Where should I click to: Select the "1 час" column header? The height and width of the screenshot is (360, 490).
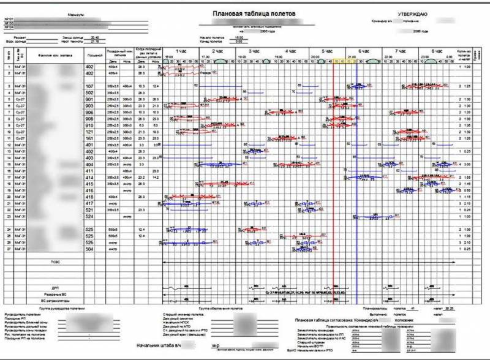tap(180, 51)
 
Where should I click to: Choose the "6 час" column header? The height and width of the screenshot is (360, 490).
tap(364, 51)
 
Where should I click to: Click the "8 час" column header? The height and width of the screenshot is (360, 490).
tap(437, 51)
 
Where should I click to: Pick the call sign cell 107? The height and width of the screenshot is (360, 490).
tap(89, 86)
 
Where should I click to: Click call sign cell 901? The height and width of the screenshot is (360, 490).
tap(89, 100)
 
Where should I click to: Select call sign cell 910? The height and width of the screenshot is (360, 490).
tap(89, 126)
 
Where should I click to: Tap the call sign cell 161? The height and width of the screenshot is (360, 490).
tap(89, 139)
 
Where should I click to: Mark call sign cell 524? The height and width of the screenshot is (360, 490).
tap(89, 216)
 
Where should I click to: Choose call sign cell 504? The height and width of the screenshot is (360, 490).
tap(89, 249)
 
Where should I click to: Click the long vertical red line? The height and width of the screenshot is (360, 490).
tap(333, 184)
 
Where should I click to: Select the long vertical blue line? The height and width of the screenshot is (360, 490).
tap(356, 184)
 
